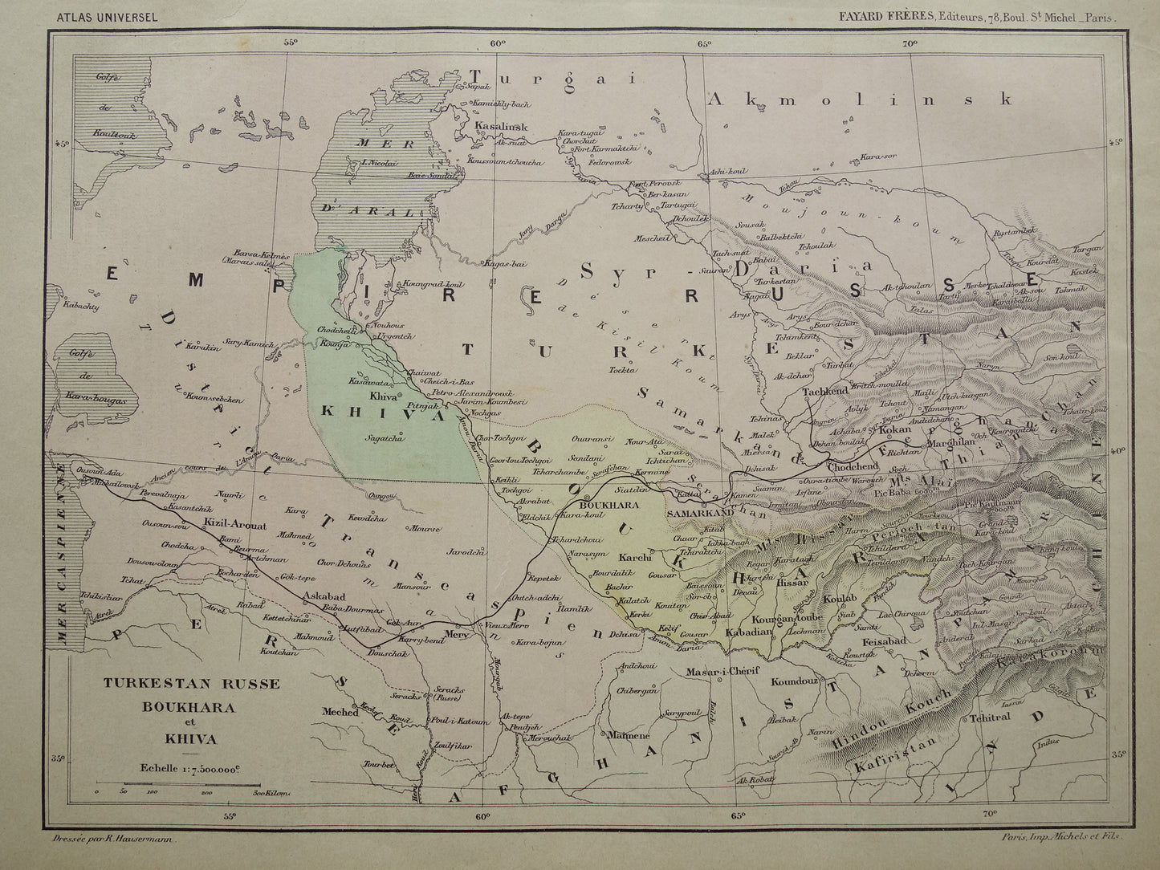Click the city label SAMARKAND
pyautogui.click(x=698, y=511)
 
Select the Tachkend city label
pyautogui.click(x=824, y=391)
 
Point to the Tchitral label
pyautogui.click(x=990, y=719)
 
